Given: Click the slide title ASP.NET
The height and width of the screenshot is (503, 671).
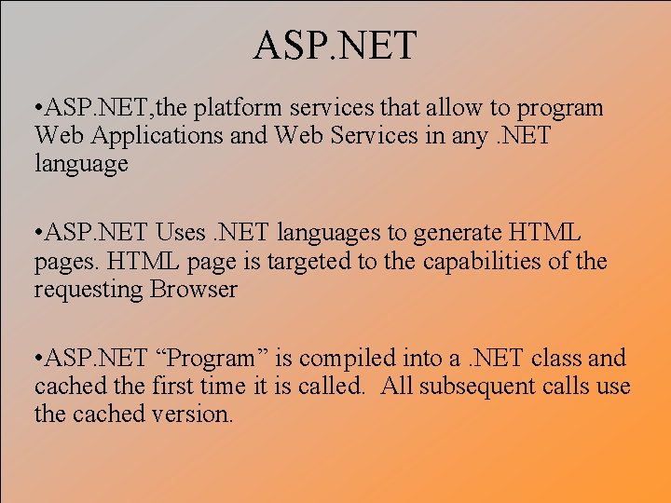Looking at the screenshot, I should tap(335, 45).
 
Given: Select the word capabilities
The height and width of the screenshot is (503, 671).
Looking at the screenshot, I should tap(493, 261).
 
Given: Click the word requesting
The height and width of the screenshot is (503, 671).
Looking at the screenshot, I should tap(88, 289).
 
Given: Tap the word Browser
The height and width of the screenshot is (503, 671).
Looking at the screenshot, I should tap(193, 289).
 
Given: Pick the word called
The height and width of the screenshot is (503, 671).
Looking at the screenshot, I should tap(332, 386).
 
